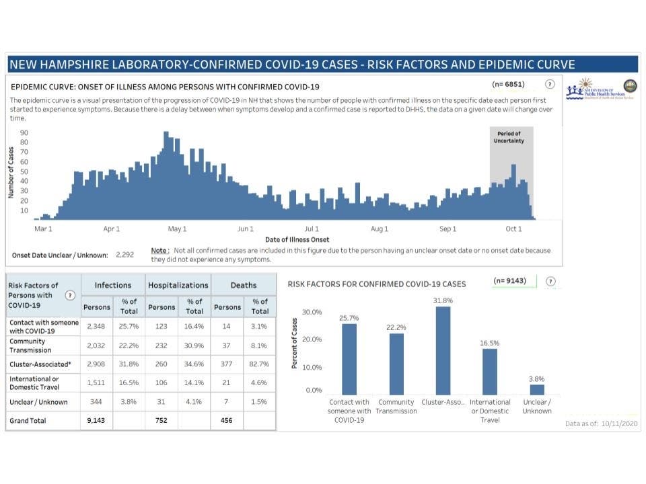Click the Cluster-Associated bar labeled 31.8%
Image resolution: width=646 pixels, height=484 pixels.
[x=443, y=351]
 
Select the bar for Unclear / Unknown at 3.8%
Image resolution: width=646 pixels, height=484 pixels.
[x=537, y=389]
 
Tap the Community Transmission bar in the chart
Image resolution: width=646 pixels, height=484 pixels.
[x=396, y=364]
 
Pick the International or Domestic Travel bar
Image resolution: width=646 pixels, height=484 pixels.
[x=490, y=371]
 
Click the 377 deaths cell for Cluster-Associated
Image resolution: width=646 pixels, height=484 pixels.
[x=227, y=364]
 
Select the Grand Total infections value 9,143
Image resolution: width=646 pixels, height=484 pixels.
[x=97, y=421]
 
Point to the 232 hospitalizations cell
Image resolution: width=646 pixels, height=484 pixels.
[x=161, y=345]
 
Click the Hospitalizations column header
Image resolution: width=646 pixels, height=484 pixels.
[x=178, y=285]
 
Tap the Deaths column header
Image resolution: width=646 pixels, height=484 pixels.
[x=243, y=285]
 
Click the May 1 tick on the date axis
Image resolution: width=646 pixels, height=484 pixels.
[x=177, y=229]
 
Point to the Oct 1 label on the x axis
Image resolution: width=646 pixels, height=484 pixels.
[x=513, y=229]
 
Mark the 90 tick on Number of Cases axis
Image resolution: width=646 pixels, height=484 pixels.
[x=24, y=133]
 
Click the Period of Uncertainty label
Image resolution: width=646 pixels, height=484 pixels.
[x=510, y=137]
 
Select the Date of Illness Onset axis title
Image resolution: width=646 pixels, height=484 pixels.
[x=297, y=240]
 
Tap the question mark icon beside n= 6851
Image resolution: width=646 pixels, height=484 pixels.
[x=550, y=84]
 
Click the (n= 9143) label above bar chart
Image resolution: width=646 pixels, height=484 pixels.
[x=514, y=281]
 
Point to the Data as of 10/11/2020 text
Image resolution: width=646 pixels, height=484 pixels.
[x=602, y=424]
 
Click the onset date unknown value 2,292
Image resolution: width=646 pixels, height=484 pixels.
[x=125, y=255]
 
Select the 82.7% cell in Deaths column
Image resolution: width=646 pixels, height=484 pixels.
[x=259, y=364]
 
